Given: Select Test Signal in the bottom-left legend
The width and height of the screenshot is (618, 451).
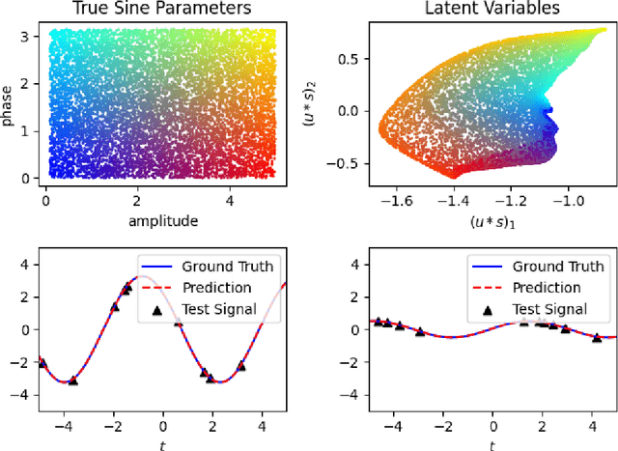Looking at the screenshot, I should pyautogui.click(x=229, y=309).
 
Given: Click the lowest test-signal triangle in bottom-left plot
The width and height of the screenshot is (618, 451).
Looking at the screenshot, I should pyautogui.click(x=73, y=381).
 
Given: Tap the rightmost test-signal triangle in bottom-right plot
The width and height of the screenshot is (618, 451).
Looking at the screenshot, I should pyautogui.click(x=597, y=337).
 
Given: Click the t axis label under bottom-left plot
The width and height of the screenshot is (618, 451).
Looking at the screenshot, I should pyautogui.click(x=162, y=443).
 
